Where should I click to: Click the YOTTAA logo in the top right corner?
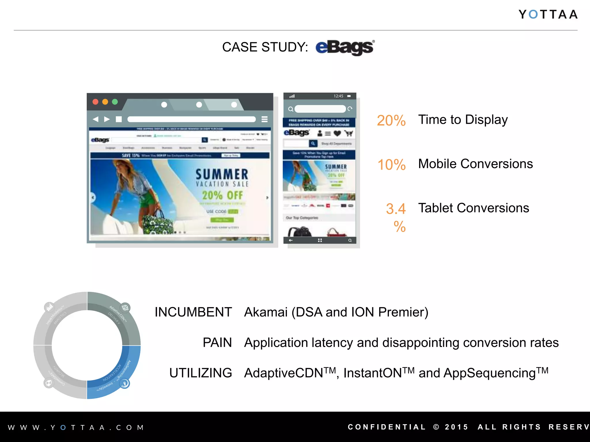click(548, 14)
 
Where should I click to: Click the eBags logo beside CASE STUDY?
click(345, 47)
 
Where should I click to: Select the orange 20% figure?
click(391, 121)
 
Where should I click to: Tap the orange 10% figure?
click(392, 165)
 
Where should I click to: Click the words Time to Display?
click(463, 120)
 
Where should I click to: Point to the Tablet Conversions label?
click(474, 208)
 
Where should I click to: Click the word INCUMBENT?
click(193, 312)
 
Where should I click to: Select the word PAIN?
click(217, 343)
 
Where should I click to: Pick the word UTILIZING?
click(201, 373)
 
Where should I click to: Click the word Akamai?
click(266, 312)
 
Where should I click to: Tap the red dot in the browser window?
click(95, 102)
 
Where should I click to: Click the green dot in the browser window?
click(115, 102)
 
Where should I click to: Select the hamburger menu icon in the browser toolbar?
click(264, 119)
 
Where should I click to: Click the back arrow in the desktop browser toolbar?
click(96, 119)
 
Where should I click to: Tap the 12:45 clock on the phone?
click(339, 96)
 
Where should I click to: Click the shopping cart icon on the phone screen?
click(349, 133)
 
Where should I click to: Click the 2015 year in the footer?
click(457, 427)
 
